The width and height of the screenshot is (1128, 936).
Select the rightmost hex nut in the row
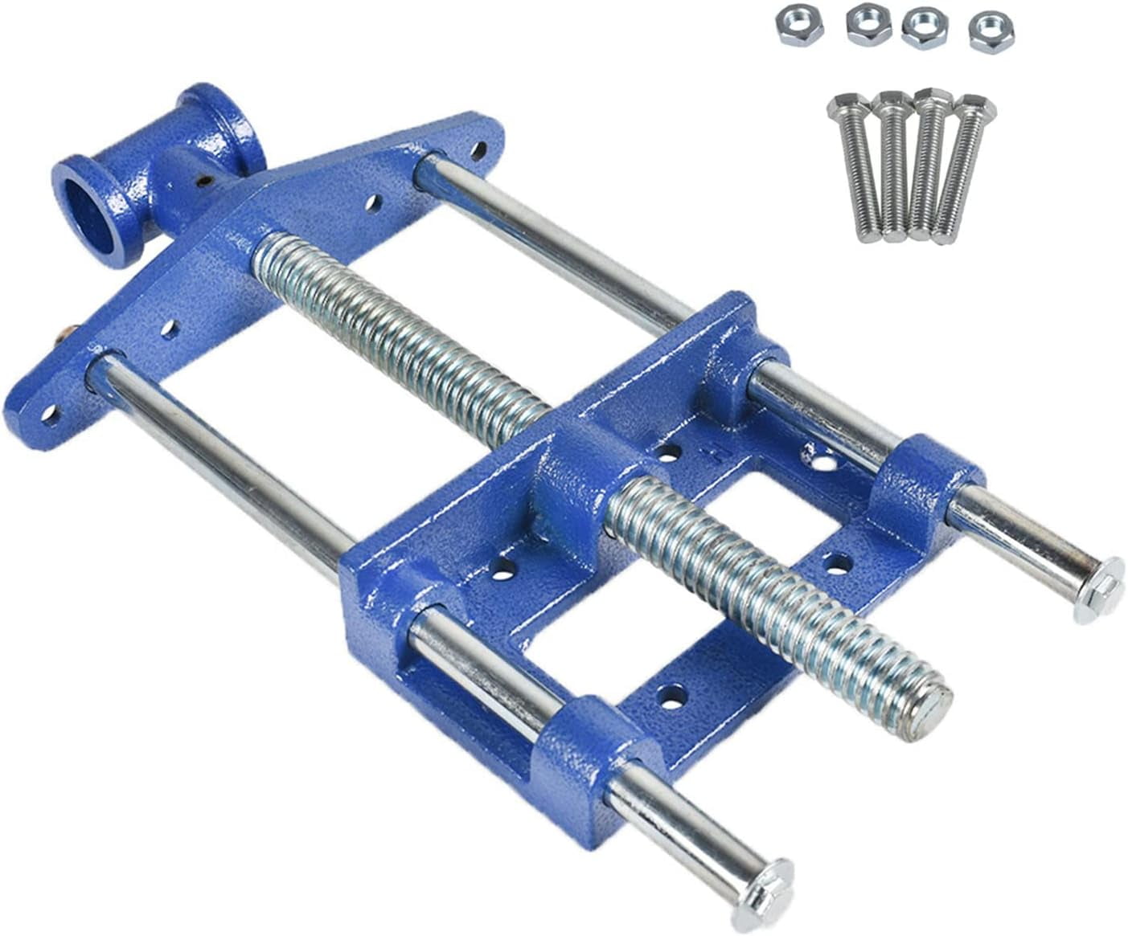pyautogui.click(x=987, y=31)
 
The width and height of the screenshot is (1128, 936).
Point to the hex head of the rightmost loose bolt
pyautogui.click(x=976, y=106)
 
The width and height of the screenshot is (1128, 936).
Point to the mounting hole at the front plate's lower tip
pyautogui.click(x=50, y=415)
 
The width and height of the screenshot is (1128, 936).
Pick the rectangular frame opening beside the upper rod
pyautogui.click(x=792, y=514)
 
